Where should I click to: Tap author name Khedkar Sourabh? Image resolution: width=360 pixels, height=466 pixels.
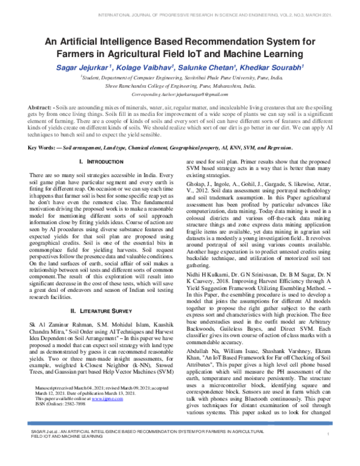pos(275,66)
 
